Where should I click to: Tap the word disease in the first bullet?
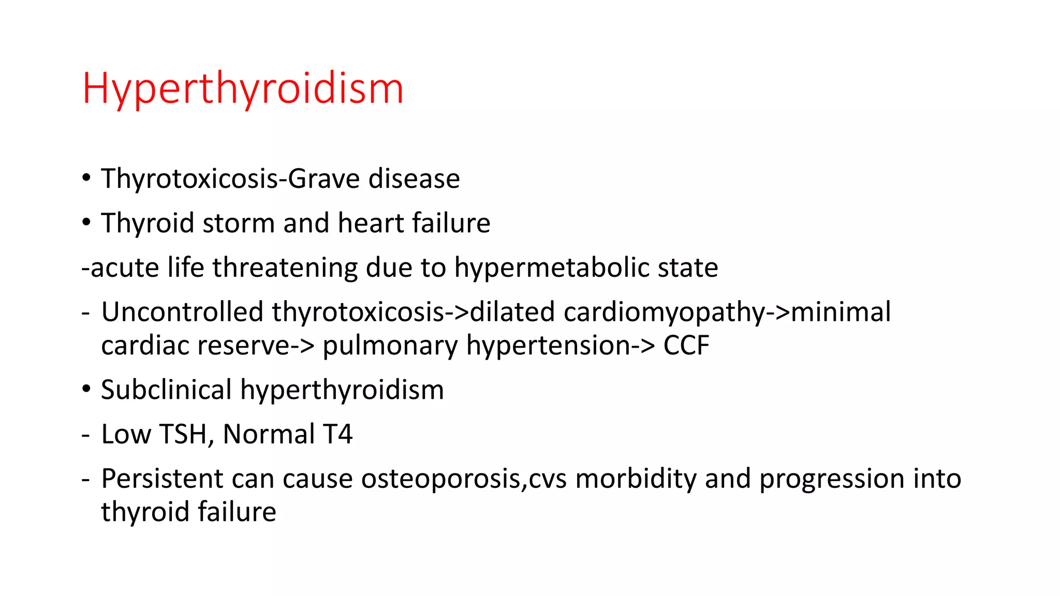point(414,179)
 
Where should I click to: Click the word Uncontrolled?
point(182,312)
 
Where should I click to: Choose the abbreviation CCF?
point(686,346)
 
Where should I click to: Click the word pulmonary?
point(390,346)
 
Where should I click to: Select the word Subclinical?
point(166,390)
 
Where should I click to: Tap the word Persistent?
point(162,479)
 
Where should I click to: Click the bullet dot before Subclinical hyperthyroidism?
point(86,389)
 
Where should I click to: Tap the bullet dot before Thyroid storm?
point(86,222)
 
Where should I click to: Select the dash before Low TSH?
point(85,435)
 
